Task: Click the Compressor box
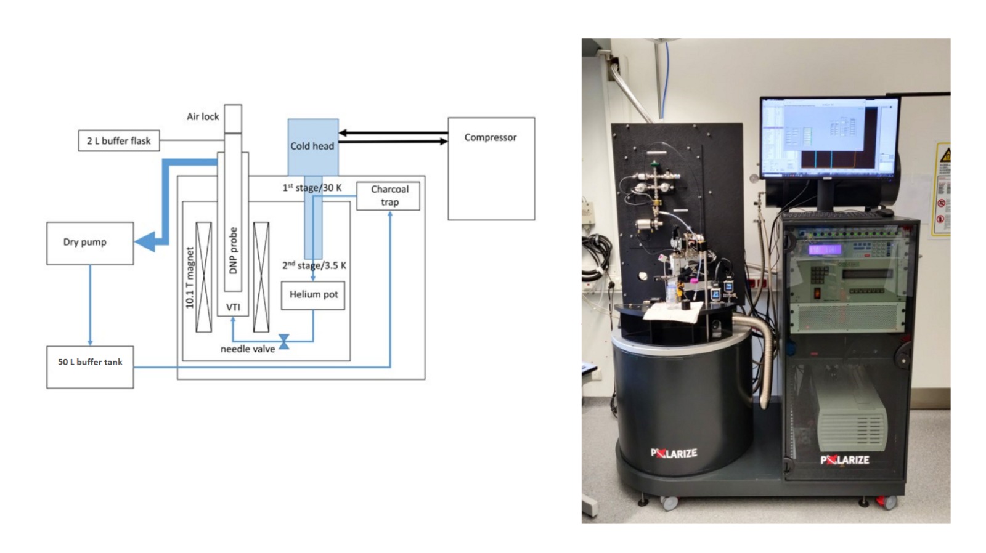pyautogui.click(x=491, y=168)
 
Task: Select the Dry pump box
pyautogui.click(x=90, y=243)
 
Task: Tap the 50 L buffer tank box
pyautogui.click(x=90, y=366)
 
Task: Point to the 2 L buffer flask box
pyautogui.click(x=119, y=141)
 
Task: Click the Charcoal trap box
pyautogui.click(x=389, y=195)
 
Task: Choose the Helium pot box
pyautogui.click(x=313, y=295)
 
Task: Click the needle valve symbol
pyautogui.click(x=284, y=341)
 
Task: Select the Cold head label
pyautogui.click(x=312, y=146)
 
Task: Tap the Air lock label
pyautogui.click(x=203, y=116)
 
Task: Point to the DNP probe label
pyautogui.click(x=233, y=251)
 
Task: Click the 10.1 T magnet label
pyautogui.click(x=190, y=277)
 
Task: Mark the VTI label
pyautogui.click(x=233, y=307)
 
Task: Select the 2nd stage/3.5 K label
pyautogui.click(x=314, y=265)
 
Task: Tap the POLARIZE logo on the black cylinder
pyautogui.click(x=674, y=453)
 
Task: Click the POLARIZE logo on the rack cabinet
pyautogui.click(x=844, y=459)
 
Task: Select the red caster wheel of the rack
pyautogui.click(x=887, y=503)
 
